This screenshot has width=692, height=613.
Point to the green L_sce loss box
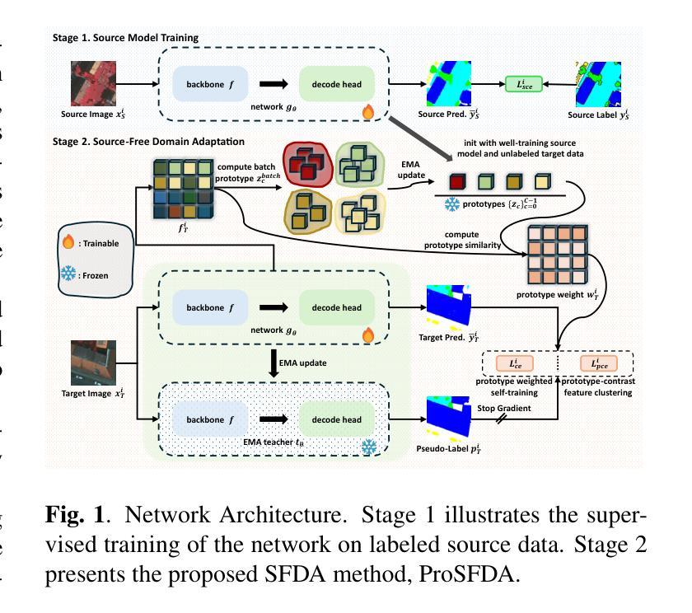[x=523, y=83]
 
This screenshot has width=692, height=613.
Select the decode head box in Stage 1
[x=337, y=83]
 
